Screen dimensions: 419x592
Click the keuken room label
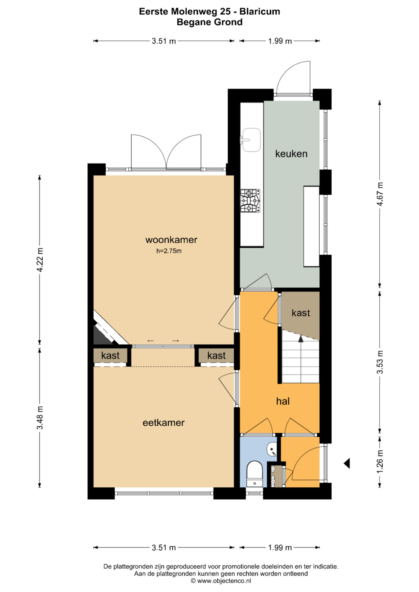[291, 154]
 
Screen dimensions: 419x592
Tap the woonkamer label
[171, 240]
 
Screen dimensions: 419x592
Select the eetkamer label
[163, 423]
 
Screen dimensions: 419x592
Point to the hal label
[283, 401]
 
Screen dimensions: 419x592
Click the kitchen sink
[251, 140]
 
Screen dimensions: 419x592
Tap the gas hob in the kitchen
[250, 200]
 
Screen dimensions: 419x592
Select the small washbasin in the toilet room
[272, 450]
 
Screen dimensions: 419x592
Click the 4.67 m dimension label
[380, 194]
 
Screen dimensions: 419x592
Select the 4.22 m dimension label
[40, 260]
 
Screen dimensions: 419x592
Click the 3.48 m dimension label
[40, 418]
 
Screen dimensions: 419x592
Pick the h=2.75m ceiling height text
[169, 251]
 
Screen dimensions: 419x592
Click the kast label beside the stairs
[301, 313]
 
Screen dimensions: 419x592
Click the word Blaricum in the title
[260, 12]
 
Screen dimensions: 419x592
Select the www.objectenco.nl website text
[224, 581]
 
